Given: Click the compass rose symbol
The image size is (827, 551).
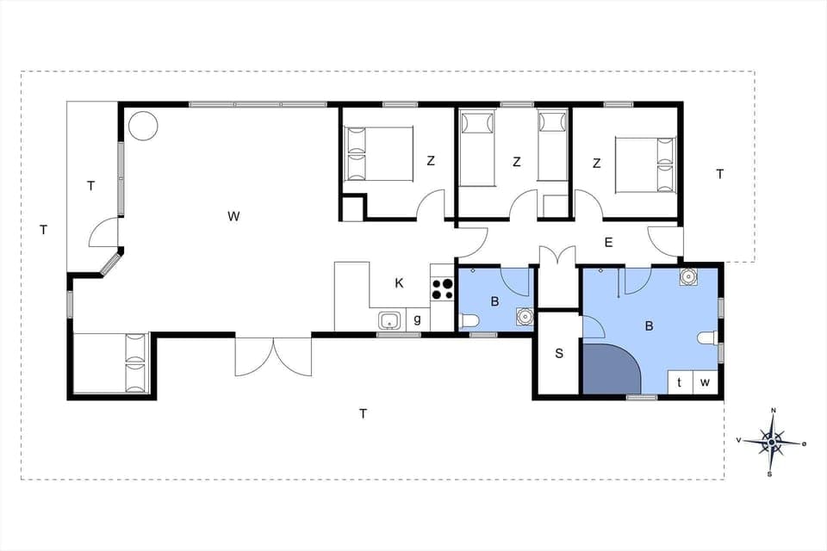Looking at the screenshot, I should point(773,441).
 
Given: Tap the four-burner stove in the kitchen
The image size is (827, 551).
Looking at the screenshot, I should point(442,288).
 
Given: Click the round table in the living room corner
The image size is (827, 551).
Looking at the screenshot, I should point(143,126).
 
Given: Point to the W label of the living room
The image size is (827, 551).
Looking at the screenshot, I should point(233,216).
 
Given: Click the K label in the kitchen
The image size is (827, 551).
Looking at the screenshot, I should point(399,283).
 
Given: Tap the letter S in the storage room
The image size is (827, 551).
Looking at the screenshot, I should point(559,354).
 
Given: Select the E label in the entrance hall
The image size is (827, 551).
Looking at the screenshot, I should point(608,243).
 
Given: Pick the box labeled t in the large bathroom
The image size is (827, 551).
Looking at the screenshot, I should point(680,382).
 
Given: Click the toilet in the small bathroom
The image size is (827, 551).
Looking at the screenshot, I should point(469,321).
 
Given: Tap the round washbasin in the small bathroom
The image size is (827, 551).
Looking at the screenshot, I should point(522,315).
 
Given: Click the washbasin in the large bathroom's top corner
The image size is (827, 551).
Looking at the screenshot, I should point(687,277).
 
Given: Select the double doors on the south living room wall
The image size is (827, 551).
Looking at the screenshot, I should point(273,356).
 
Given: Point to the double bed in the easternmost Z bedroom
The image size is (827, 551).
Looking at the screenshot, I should point(644,164).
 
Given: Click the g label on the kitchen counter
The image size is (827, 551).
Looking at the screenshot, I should point(417,319).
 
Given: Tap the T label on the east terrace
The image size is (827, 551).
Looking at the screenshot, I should point(719,174).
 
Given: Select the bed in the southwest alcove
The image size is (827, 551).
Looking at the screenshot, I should point(112,362).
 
